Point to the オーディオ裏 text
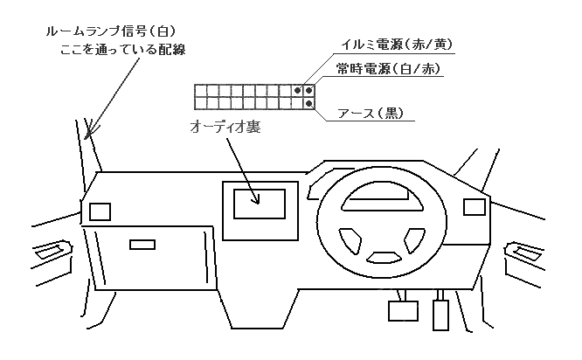tap(225, 128)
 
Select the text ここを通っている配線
tap(120, 50)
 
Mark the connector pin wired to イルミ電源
tap(298, 90)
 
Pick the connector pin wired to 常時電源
tap(309, 90)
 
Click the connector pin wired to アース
tap(309, 103)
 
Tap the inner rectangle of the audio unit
tap(260, 204)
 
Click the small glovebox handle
tap(141, 246)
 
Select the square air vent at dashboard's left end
tap(100, 211)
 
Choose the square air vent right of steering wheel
tap(474, 207)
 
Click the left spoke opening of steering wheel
tap(347, 237)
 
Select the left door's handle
tap(49, 253)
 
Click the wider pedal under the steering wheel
tap(403, 310)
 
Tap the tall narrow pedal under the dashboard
tap(442, 315)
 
